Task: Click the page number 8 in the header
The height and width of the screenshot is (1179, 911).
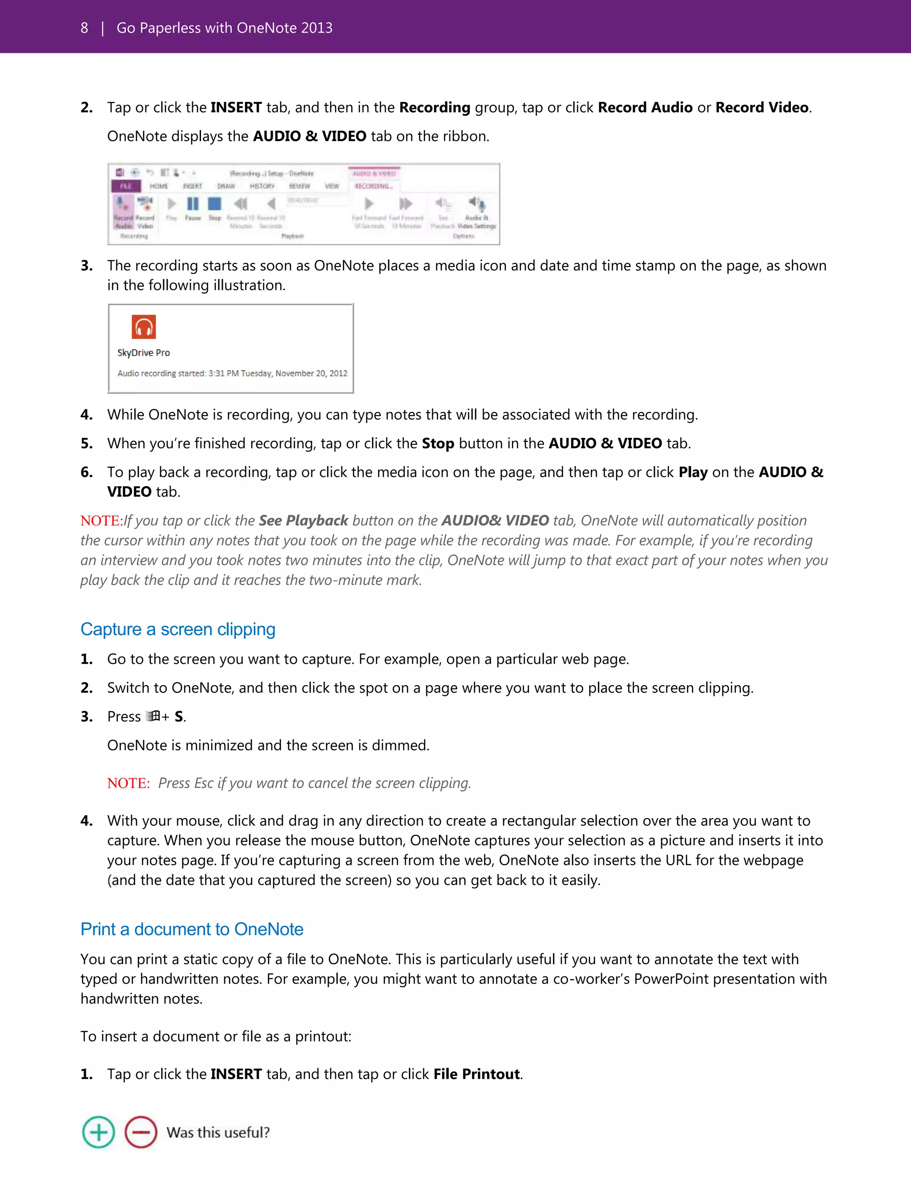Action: point(84,28)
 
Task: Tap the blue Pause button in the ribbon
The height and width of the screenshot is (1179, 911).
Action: point(193,205)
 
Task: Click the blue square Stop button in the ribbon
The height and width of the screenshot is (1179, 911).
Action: point(215,204)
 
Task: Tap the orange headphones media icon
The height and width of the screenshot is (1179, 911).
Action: point(144,327)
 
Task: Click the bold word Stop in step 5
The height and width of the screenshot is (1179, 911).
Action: point(438,444)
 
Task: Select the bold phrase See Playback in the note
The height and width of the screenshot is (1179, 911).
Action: point(303,521)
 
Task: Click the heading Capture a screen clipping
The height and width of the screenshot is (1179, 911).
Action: point(177,630)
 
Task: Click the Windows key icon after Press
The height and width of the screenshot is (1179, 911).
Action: point(153,716)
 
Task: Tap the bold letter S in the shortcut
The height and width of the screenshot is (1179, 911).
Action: point(179,717)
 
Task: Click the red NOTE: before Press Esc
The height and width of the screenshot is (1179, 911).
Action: point(128,783)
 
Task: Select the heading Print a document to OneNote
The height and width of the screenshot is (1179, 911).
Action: point(192,929)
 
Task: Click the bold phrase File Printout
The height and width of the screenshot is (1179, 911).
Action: point(476,1074)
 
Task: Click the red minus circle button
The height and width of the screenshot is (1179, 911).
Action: point(141,1132)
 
